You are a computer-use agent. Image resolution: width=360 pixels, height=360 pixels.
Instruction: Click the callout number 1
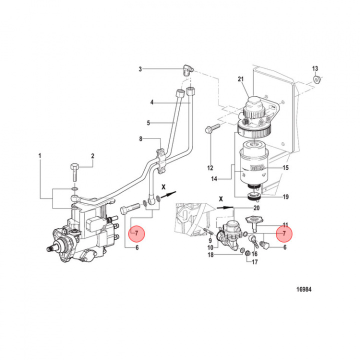39,156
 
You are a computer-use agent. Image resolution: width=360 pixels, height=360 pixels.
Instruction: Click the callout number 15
286,168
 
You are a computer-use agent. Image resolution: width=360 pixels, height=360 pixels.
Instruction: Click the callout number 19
285,197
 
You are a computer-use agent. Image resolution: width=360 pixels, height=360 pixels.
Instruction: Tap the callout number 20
256,207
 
